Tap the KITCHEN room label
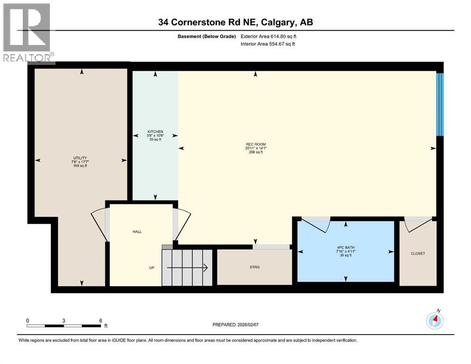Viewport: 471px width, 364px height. [x=155, y=131]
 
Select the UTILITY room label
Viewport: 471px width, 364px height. [x=80, y=158]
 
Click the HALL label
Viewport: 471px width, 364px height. [x=137, y=231]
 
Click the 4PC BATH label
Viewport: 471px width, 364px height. [x=345, y=247]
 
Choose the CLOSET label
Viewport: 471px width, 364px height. [x=418, y=253]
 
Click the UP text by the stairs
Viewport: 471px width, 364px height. [x=152, y=268]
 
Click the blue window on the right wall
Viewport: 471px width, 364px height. [x=440, y=104]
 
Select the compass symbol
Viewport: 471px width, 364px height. [x=434, y=321]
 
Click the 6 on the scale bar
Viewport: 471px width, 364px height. [x=101, y=320]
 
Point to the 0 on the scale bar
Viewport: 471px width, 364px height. [x=28, y=320]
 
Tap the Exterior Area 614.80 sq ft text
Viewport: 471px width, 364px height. [x=268, y=36]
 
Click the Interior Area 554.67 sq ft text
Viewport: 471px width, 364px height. [x=268, y=44]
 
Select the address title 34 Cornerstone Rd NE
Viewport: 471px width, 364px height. [x=235, y=22]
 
